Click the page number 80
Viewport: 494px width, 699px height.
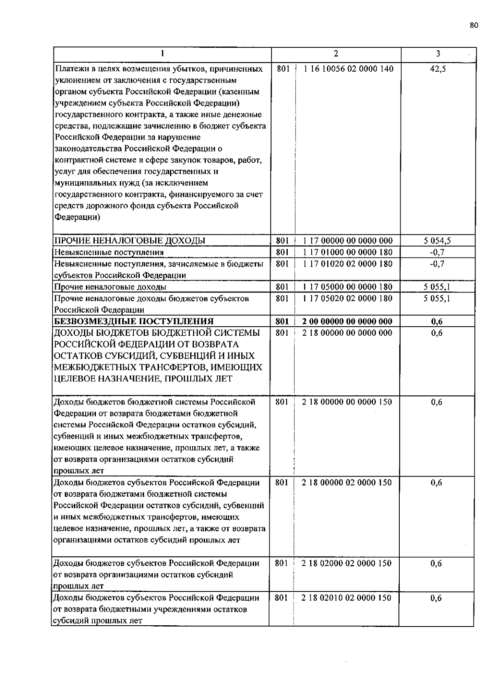tap(473, 26)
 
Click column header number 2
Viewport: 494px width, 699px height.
tap(336, 54)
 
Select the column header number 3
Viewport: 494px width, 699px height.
tap(438, 54)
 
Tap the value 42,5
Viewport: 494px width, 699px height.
tap(438, 69)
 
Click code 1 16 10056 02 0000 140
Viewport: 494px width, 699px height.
tap(348, 69)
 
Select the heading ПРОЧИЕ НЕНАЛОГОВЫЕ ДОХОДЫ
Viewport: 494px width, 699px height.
tap(130, 241)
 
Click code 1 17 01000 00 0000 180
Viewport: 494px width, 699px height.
tap(347, 252)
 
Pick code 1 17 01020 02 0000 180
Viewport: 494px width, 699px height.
tap(347, 264)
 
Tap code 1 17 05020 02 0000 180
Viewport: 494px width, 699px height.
tap(347, 298)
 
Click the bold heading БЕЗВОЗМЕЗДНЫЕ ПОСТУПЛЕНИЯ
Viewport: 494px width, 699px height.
tap(134, 321)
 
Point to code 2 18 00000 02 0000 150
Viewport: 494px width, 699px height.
tap(346, 482)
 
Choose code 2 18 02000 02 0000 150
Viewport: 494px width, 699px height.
tap(346, 563)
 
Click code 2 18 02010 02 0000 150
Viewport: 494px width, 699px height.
tap(346, 598)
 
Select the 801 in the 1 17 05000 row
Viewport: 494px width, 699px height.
tap(282, 287)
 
